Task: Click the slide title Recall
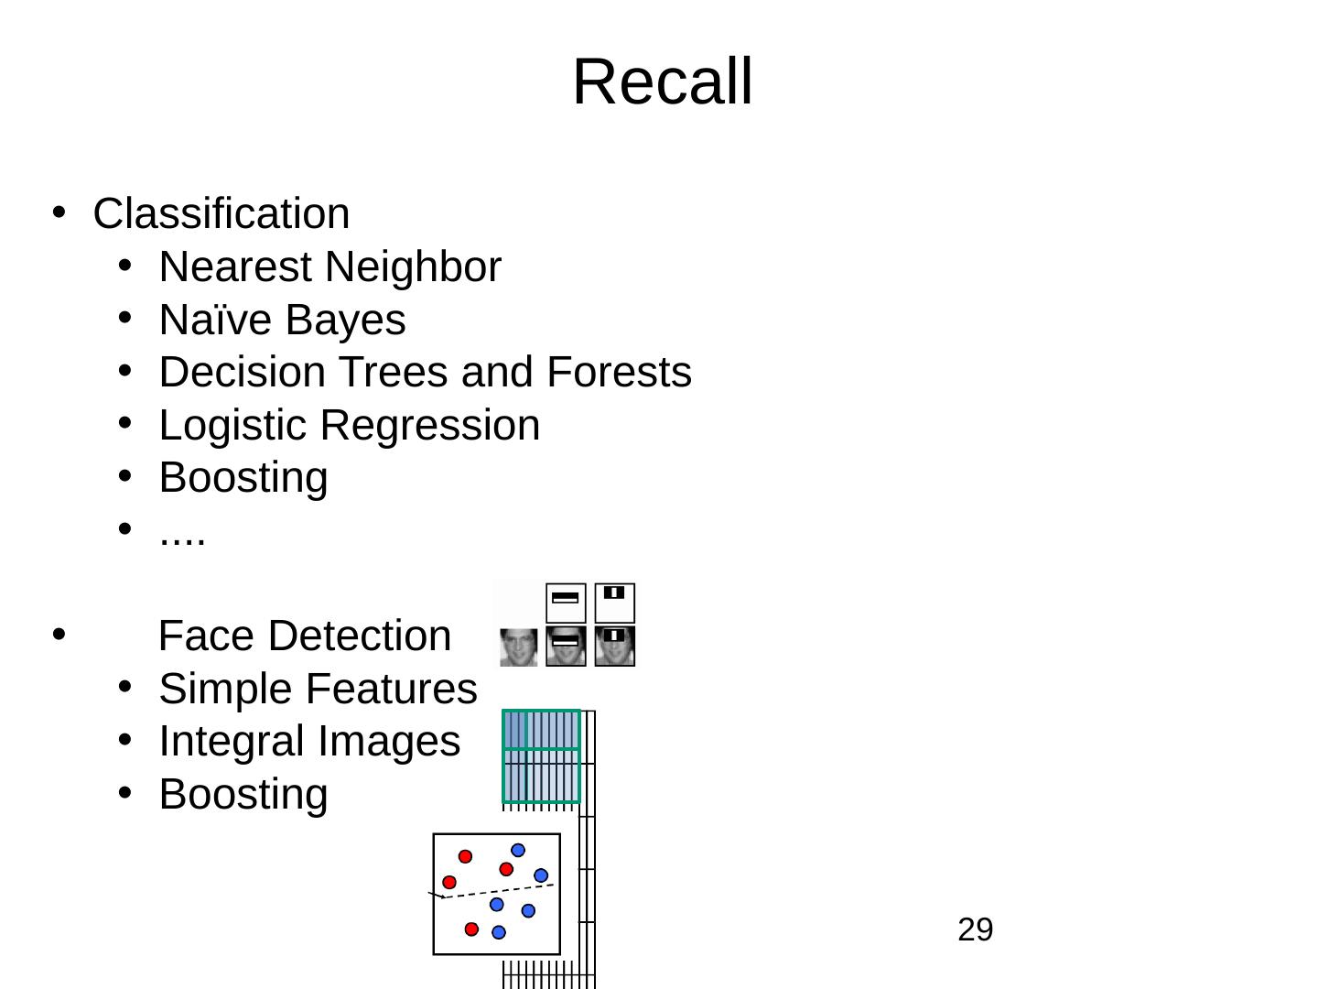662,82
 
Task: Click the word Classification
221,214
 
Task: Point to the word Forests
619,373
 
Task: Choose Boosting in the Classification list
243,478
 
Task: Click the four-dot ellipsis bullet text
182,534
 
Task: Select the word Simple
215,689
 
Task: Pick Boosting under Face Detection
243,794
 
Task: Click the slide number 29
975,930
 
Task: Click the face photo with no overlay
518,647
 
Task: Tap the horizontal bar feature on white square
566,603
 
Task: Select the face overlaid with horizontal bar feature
566,647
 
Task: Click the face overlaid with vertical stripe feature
615,647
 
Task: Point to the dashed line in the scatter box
499,890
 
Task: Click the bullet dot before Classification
58,212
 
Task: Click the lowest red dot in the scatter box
471,929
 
